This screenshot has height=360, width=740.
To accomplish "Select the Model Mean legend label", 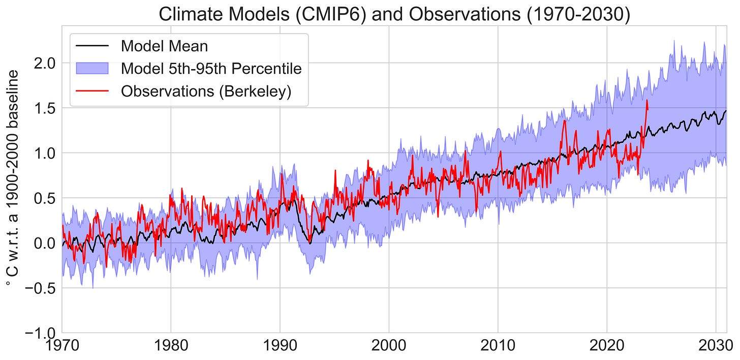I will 164,46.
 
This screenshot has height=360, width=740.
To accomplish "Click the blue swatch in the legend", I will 92,68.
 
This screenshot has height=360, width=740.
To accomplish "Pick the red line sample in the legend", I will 92,91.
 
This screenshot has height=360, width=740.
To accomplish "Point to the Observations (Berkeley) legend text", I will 206,91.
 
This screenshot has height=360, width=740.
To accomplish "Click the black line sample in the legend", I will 92,46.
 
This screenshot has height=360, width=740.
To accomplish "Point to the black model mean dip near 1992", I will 310,243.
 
